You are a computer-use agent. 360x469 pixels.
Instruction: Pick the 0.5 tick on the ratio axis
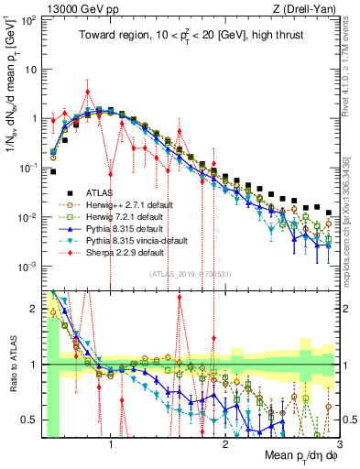[x=30, y=420]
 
